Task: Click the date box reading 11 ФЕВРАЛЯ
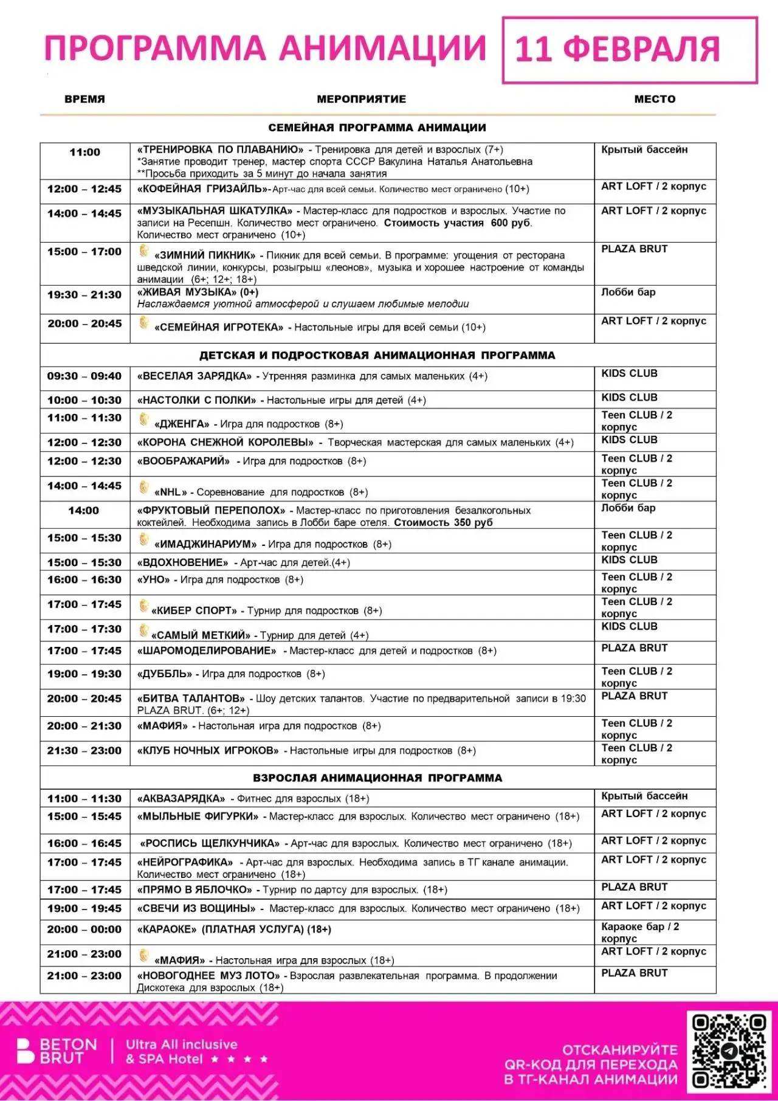[x=630, y=50]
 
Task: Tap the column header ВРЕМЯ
[x=84, y=99]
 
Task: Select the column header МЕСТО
[x=655, y=99]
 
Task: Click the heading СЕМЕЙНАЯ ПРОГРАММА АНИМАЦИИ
[x=377, y=128]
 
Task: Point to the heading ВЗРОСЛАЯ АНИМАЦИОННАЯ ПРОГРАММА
[x=377, y=778]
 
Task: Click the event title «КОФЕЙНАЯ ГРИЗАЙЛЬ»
[x=202, y=189]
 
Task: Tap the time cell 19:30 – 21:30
[x=84, y=295]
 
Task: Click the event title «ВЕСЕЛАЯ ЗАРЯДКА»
[x=194, y=376]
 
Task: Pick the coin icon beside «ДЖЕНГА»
[x=144, y=419]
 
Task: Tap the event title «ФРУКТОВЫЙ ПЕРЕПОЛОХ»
[x=211, y=510]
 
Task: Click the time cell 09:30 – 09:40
[x=84, y=376]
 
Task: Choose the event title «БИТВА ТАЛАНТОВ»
[x=191, y=699]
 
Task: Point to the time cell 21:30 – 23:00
[x=84, y=751]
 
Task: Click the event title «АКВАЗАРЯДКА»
[x=181, y=798]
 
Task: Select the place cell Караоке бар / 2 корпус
[x=640, y=932]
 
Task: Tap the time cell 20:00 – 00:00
[x=84, y=930]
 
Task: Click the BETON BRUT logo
[x=58, y=1051]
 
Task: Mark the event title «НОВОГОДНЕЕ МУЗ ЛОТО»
[x=208, y=976]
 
